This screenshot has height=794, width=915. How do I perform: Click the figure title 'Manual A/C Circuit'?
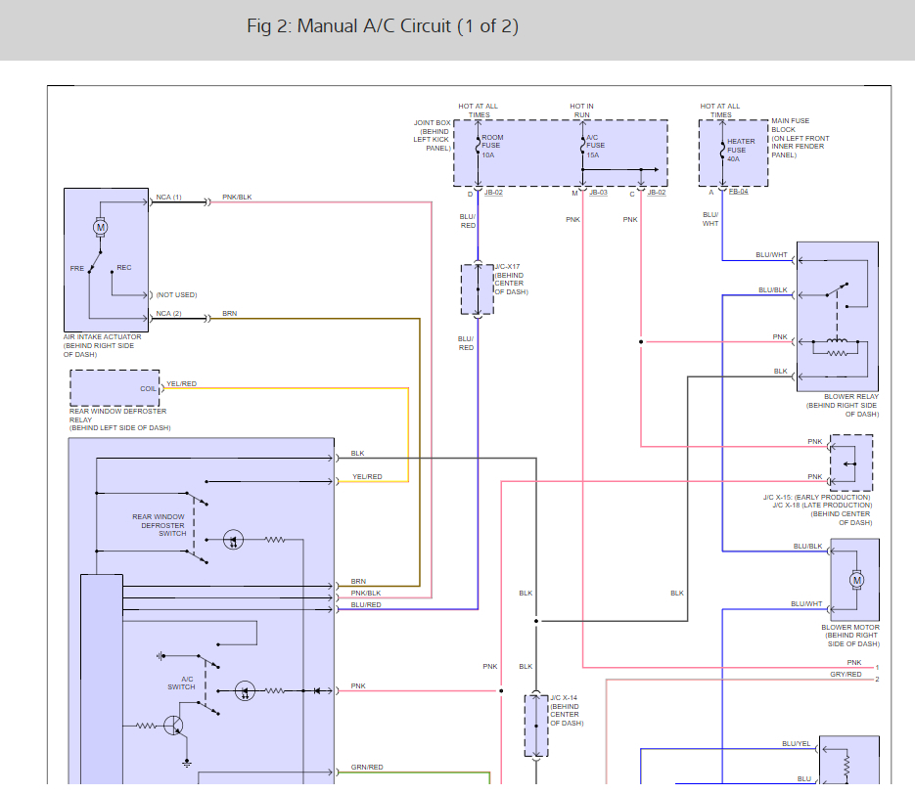[383, 26]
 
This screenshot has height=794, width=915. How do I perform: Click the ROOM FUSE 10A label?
[491, 146]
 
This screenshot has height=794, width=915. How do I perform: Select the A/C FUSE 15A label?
[597, 146]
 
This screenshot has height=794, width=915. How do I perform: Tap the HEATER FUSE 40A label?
[741, 150]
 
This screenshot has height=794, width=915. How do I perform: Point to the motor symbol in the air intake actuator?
[100, 227]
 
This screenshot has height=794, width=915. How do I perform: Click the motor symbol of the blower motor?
[857, 580]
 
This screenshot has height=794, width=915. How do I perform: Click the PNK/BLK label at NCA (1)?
[237, 198]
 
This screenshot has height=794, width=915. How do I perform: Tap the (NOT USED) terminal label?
[176, 294]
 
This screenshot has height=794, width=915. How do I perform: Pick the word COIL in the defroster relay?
[148, 388]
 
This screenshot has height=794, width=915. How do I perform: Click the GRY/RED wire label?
[846, 674]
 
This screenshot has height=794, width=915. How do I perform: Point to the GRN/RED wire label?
[367, 768]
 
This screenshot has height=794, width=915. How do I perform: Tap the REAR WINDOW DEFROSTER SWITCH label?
[160, 525]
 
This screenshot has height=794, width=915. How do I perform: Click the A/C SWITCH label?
[181, 683]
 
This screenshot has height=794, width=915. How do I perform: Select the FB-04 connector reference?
[738, 193]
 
